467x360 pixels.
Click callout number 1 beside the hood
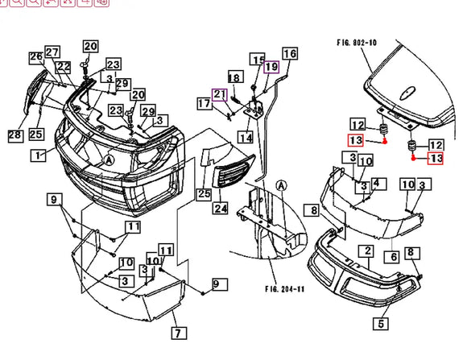coord(38,155)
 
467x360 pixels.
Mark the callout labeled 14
coord(245,138)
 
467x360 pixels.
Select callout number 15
coord(258,60)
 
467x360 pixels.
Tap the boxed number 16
coord(290,55)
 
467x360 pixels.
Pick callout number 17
coord(205,103)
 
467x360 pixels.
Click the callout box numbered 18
coord(234,77)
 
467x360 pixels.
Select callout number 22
coord(63,66)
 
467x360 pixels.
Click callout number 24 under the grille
coord(221,209)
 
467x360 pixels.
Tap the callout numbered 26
coord(35,56)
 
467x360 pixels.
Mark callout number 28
coord(14,135)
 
